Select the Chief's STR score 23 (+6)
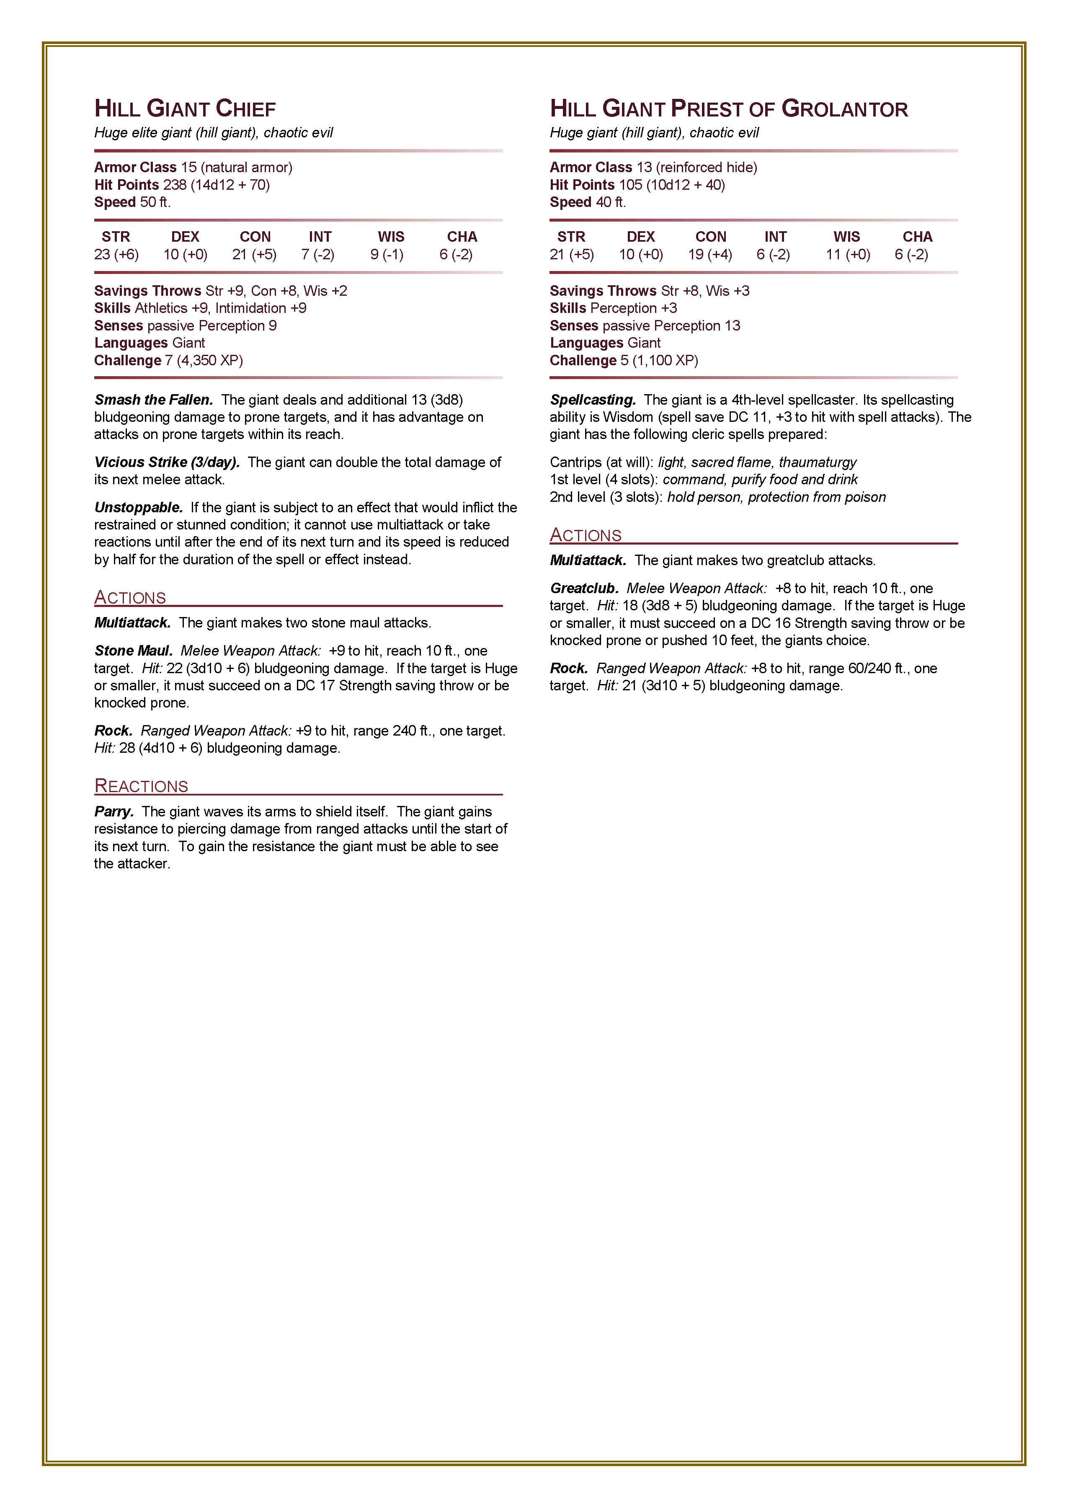[x=116, y=255]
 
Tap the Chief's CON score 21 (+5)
[x=255, y=255]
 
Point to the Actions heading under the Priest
[x=585, y=535]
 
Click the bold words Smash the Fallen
[x=153, y=400]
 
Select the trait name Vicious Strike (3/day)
[x=166, y=462]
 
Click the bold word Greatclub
[x=584, y=589]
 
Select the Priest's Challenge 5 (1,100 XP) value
[x=659, y=360]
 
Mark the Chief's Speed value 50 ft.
[x=155, y=203]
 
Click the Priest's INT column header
[x=775, y=237]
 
